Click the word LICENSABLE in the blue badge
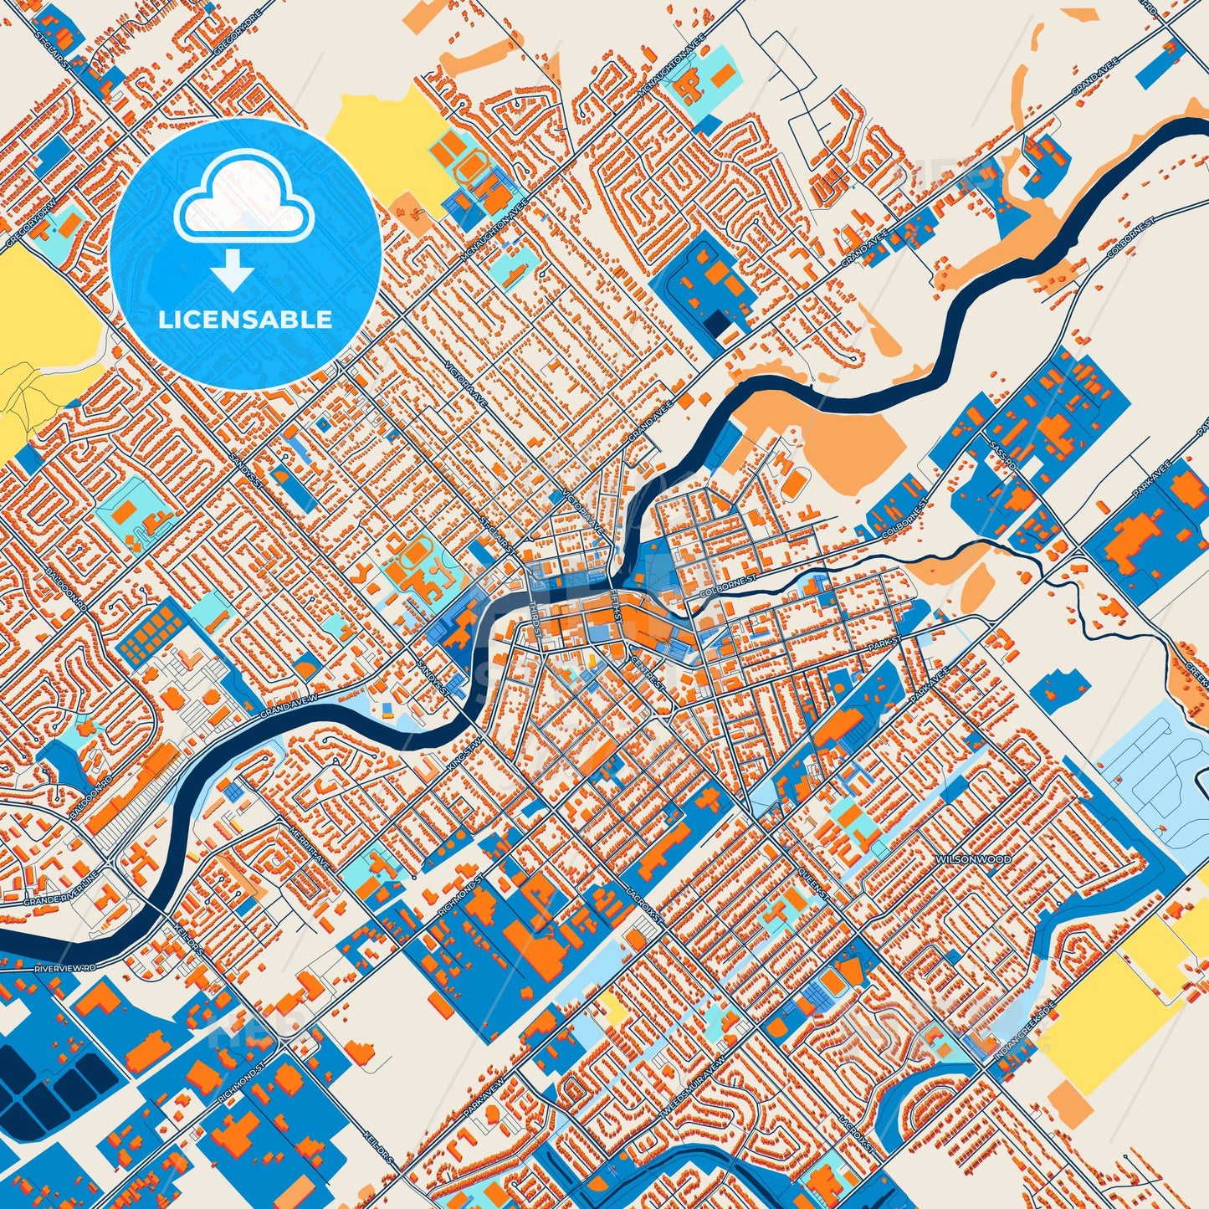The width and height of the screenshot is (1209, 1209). (x=246, y=320)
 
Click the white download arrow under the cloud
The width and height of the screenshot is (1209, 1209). (x=233, y=271)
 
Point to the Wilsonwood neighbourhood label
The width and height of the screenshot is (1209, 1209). (x=974, y=859)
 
